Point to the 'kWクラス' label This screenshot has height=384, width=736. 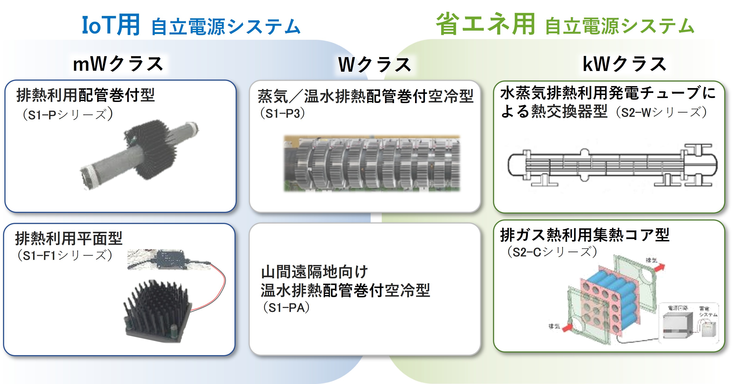625,64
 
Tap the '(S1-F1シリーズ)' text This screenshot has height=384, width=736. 65,255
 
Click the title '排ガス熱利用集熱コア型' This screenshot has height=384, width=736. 585,235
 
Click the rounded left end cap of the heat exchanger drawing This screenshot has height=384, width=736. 514,165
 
